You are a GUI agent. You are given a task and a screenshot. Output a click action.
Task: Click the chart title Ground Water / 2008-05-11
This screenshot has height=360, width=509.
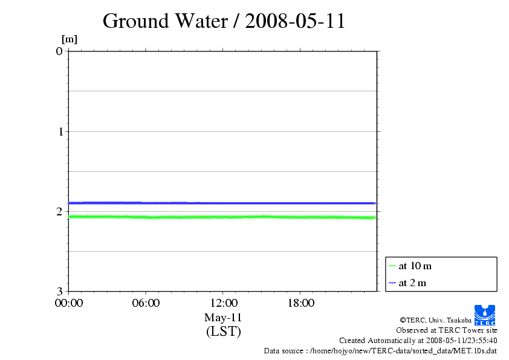[x=224, y=21]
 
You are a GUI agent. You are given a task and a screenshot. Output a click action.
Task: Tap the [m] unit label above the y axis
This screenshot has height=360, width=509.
[x=70, y=40]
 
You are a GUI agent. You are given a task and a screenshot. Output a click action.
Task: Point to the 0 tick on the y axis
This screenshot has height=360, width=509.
[x=59, y=51]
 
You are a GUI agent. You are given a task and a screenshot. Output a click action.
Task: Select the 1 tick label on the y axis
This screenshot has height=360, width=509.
[x=59, y=131]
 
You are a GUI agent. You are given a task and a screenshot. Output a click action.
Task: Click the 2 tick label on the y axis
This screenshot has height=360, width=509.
[x=59, y=211]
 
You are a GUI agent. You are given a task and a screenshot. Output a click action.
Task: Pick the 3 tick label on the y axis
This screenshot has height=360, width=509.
[x=59, y=291]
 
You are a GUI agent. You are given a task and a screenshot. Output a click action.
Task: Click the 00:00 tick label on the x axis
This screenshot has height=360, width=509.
[x=69, y=303]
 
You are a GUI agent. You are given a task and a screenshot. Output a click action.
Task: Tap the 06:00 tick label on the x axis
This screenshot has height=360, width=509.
[x=146, y=303]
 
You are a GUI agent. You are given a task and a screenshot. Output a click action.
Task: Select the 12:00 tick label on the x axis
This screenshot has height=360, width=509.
[x=223, y=303]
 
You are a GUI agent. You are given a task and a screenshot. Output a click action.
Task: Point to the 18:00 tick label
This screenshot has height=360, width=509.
[x=300, y=303]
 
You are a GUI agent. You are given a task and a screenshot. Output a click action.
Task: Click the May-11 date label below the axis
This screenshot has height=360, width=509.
[x=223, y=318]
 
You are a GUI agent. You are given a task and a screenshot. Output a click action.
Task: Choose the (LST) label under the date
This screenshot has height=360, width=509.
[x=223, y=332]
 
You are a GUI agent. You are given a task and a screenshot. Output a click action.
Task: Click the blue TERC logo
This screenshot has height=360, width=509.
[x=485, y=315]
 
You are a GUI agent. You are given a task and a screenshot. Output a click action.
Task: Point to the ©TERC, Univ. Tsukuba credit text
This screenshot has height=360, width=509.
[x=436, y=320]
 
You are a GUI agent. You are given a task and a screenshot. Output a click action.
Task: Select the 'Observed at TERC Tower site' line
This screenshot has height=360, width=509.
[x=447, y=330]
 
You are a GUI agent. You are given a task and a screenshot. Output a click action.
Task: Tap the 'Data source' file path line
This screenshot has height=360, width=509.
[x=380, y=350]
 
